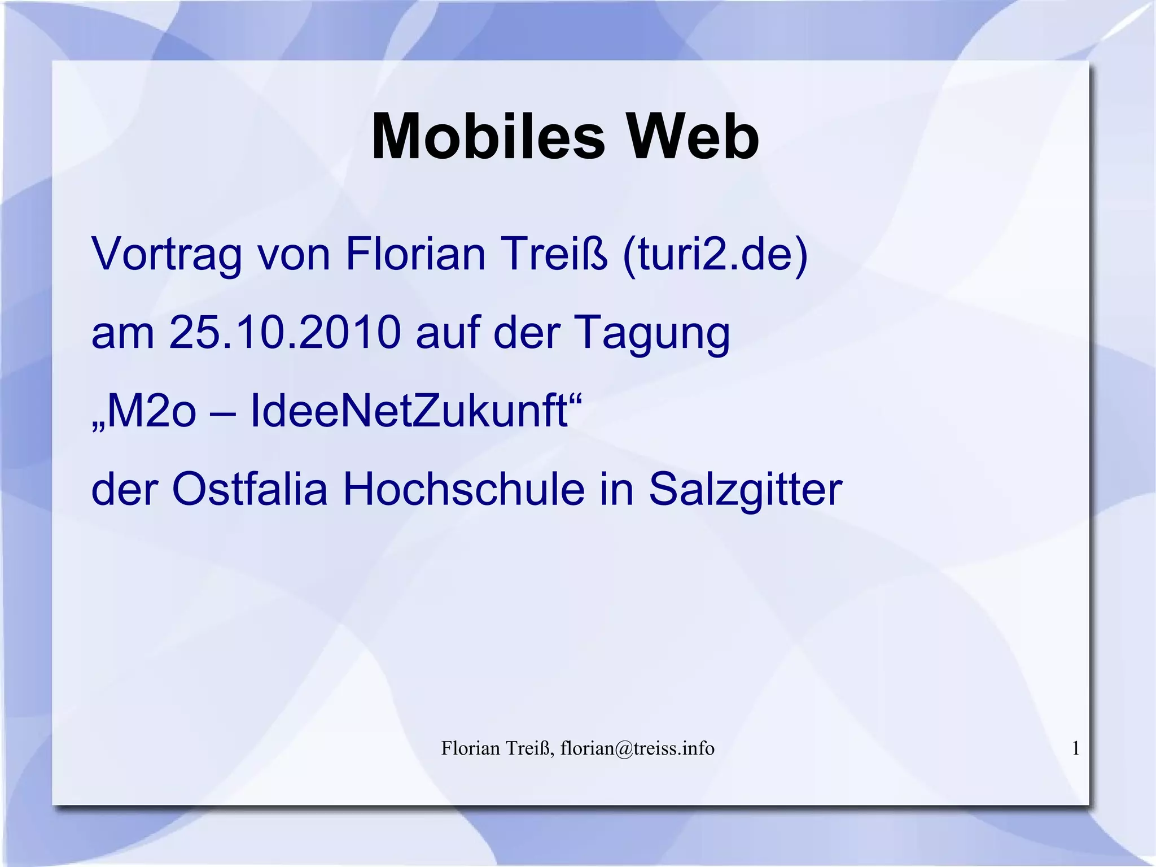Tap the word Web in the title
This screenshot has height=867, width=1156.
tap(694, 137)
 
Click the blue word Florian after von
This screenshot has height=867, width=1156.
tap(415, 254)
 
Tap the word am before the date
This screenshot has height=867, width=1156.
tap(122, 333)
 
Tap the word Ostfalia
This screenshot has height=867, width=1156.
tap(249, 489)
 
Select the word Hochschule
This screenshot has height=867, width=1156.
tap(463, 489)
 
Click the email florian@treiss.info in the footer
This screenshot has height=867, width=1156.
tap(637, 748)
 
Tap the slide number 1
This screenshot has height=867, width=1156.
tap(1076, 748)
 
